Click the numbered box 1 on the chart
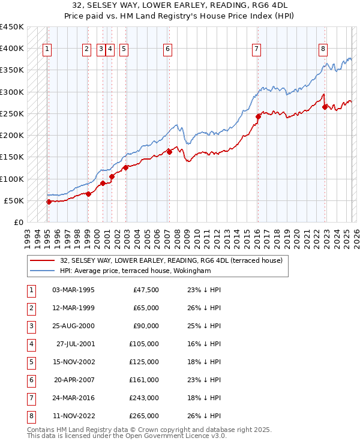(x=47, y=49)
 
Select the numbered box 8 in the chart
(x=323, y=49)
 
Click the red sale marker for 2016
(x=258, y=116)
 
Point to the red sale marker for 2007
(x=169, y=152)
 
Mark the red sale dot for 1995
(x=49, y=202)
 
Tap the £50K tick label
(x=14, y=200)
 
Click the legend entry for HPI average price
(x=135, y=271)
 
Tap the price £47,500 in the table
(x=146, y=290)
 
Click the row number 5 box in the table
(x=30, y=362)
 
